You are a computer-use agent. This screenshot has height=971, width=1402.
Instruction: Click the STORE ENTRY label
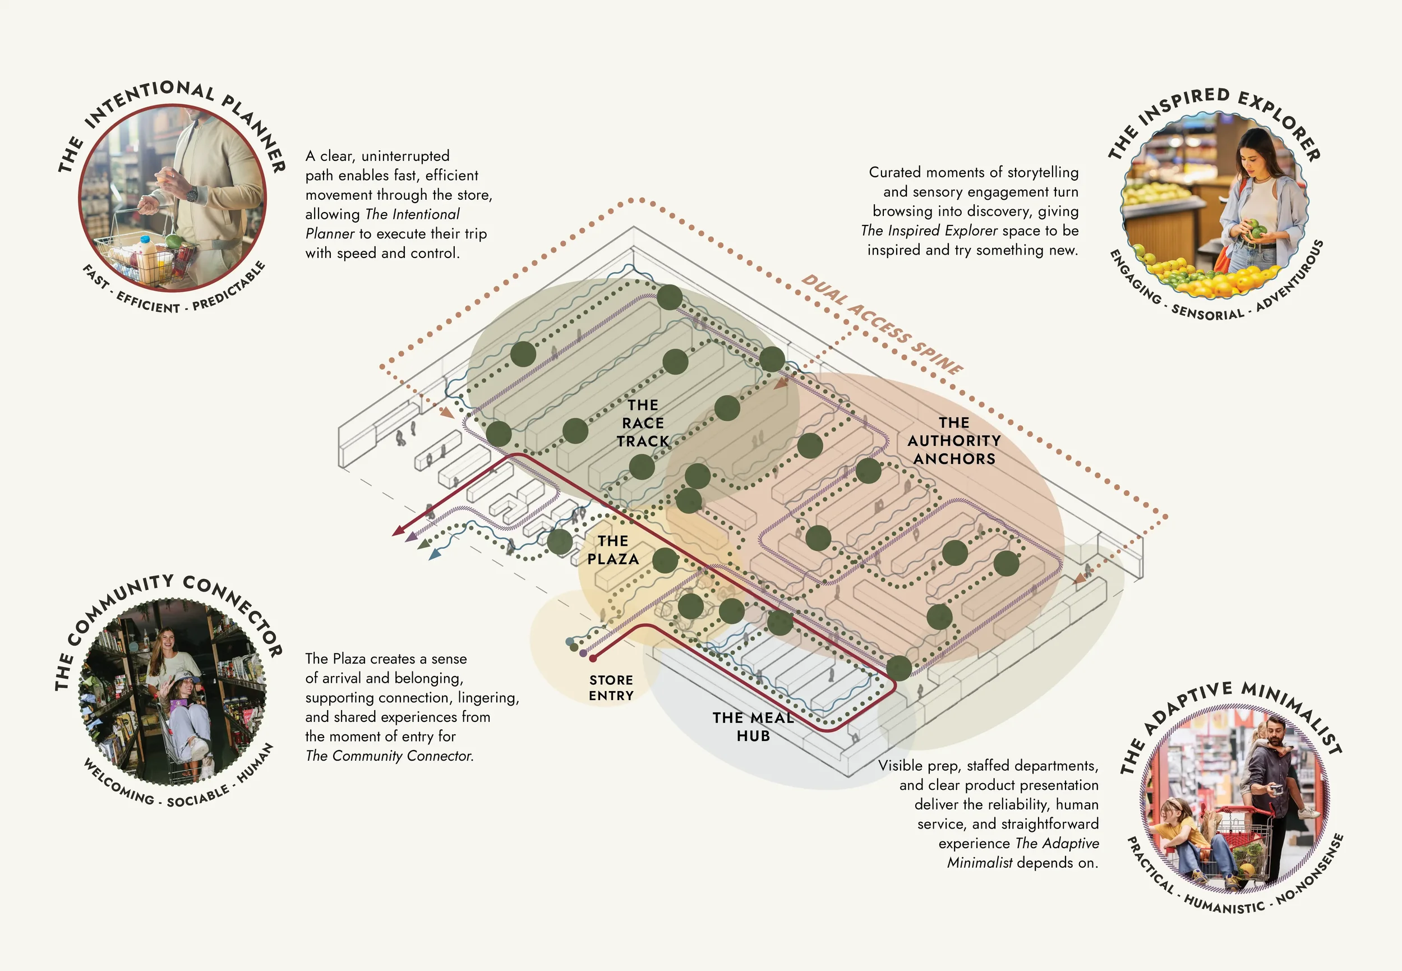tap(611, 688)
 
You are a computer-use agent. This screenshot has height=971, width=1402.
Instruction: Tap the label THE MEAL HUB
tap(753, 726)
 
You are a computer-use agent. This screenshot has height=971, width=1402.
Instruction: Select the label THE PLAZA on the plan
tap(612, 550)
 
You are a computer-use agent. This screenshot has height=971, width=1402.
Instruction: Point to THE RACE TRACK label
tap(643, 423)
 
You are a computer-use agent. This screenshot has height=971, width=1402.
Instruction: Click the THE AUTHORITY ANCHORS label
tap(954, 440)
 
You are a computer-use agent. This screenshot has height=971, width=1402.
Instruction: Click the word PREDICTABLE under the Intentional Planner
tap(230, 287)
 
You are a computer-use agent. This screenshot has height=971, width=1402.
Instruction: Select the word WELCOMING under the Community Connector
tap(118, 783)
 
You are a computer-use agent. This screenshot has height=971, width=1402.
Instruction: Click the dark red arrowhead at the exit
tap(398, 531)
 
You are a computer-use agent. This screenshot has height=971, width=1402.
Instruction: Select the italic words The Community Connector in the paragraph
tap(389, 756)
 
